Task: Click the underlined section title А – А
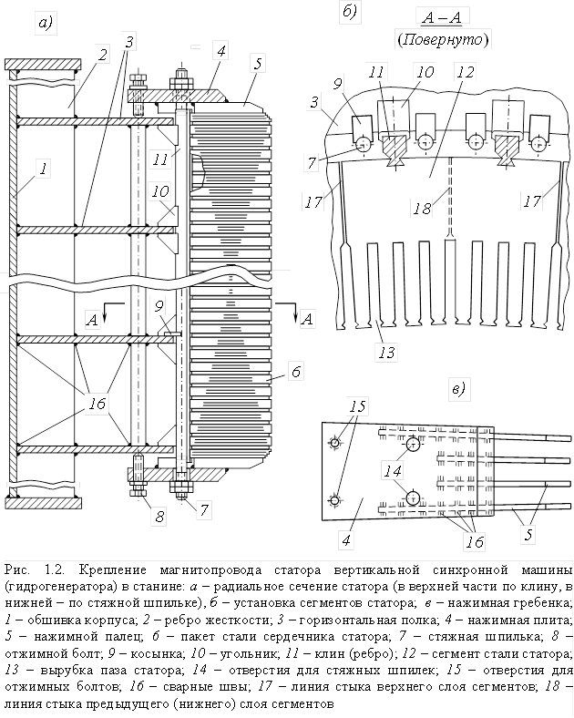pos(442,17)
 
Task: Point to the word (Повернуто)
pos(443,39)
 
